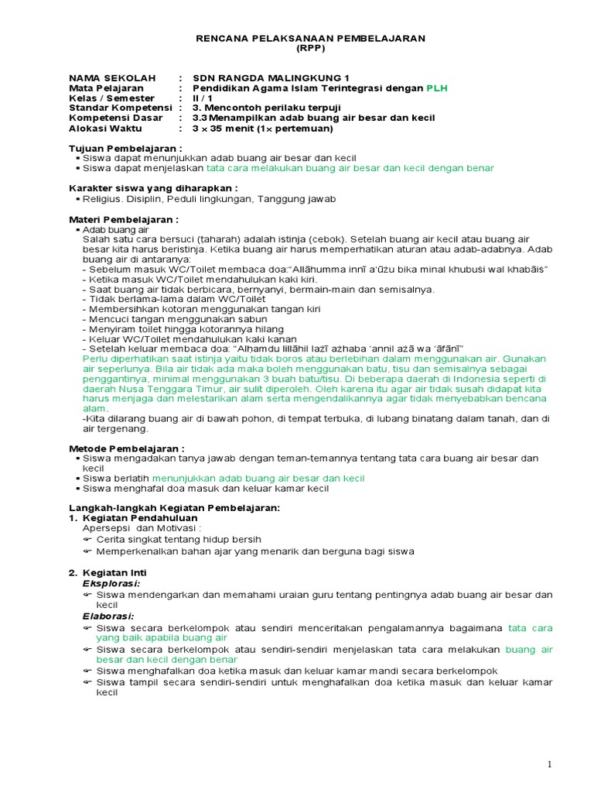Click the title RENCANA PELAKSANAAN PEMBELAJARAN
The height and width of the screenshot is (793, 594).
(x=309, y=38)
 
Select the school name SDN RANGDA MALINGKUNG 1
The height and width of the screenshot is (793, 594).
(x=271, y=78)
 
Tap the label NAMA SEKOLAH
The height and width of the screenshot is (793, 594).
(x=112, y=78)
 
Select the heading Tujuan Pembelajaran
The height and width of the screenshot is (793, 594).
(x=125, y=148)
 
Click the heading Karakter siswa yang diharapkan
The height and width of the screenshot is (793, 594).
(x=152, y=188)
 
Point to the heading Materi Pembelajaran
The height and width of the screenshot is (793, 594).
(x=124, y=219)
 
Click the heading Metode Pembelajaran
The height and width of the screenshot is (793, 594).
(x=127, y=448)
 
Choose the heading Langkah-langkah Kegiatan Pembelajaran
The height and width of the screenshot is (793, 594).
(x=174, y=507)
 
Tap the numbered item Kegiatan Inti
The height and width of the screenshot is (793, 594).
(x=120, y=572)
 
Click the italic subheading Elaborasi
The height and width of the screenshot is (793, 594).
(x=108, y=616)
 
